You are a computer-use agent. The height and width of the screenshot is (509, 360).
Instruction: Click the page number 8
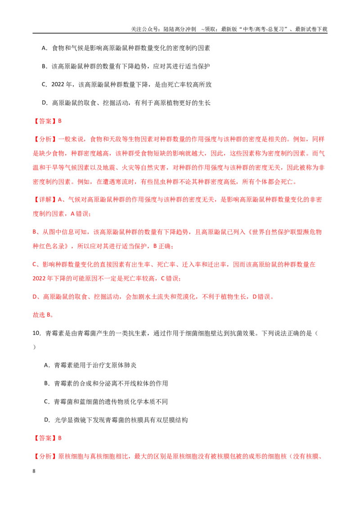[x=34, y=471]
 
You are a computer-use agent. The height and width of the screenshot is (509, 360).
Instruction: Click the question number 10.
[x=36, y=333]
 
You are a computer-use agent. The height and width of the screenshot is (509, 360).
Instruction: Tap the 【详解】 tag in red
[x=45, y=200]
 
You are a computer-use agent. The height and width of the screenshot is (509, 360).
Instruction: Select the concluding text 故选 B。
[x=43, y=315]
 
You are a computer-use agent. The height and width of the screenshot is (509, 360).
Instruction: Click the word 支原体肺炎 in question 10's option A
[x=121, y=365]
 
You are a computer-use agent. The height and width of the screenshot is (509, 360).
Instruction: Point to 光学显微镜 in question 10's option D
[x=70, y=420]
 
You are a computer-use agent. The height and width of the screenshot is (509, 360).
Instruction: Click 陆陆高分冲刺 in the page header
[x=180, y=29]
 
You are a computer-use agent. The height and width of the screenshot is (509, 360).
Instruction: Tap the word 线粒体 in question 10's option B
[x=133, y=384]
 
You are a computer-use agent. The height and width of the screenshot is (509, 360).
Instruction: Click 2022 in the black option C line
[x=58, y=85]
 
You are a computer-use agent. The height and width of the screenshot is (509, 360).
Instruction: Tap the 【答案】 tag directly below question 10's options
[x=45, y=438]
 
